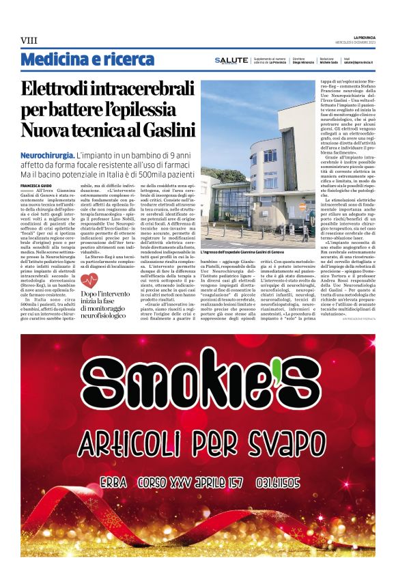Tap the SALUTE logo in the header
pyautogui.click(x=231, y=60)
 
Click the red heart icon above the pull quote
pyautogui.click(x=89, y=280)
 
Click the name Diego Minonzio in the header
pyautogui.click(x=303, y=62)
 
